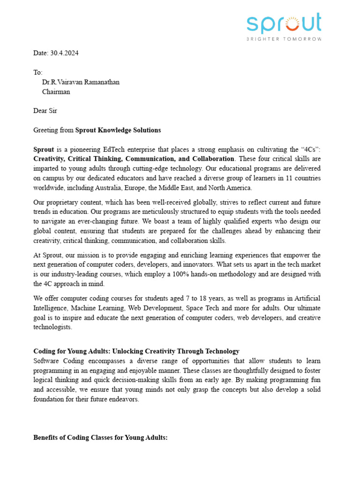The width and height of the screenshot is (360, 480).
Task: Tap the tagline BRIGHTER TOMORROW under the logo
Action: point(284,39)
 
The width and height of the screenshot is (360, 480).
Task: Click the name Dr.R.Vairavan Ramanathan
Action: point(81,82)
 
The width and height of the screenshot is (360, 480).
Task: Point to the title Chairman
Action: point(56,92)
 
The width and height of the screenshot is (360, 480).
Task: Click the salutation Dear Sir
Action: point(45,111)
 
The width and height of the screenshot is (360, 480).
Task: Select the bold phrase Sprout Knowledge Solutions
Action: point(118,130)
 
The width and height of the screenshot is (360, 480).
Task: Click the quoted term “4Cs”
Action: point(310,150)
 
